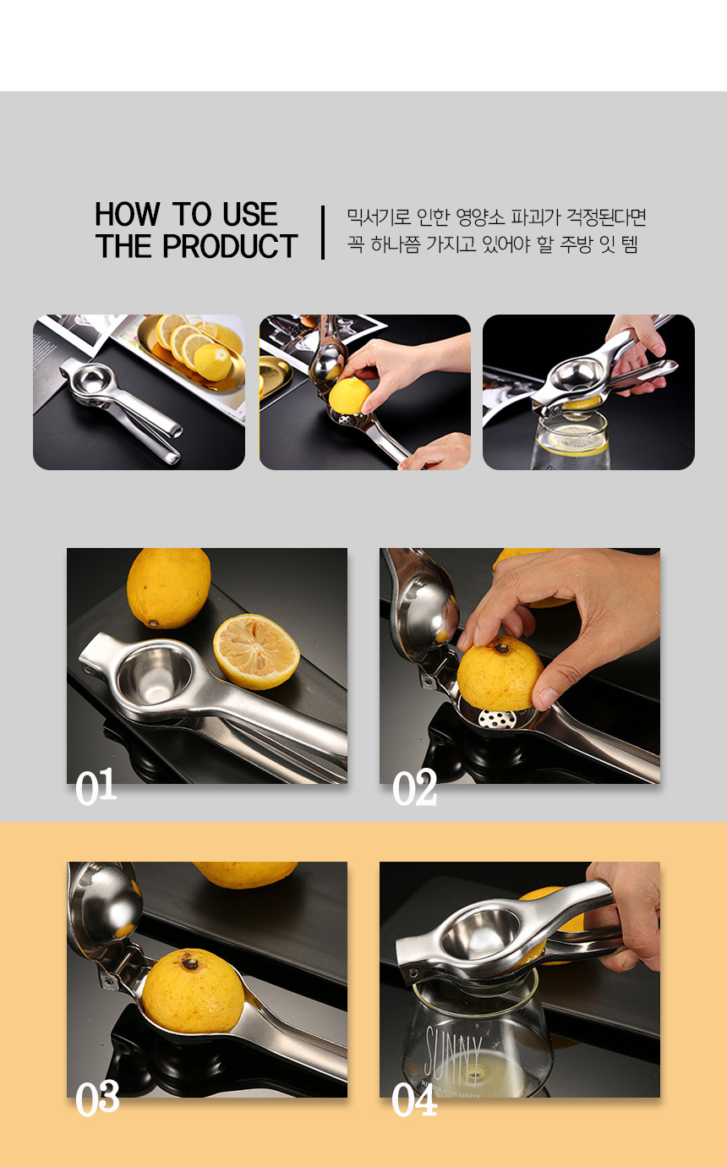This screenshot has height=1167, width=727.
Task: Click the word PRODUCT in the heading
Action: (230, 246)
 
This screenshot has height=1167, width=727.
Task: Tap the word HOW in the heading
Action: (127, 214)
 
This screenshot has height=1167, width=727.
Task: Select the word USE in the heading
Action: (250, 214)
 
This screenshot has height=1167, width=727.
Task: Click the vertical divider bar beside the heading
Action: (323, 233)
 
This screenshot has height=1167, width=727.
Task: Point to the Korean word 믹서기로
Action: (379, 217)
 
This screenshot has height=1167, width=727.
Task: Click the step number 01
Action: (96, 786)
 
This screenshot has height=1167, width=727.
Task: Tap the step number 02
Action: (414, 786)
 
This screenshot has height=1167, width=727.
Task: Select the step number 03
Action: (97, 1097)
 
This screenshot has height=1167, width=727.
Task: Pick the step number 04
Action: (414, 1099)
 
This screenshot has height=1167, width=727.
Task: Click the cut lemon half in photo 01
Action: (256, 651)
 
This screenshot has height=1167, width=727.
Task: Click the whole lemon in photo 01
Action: (168, 587)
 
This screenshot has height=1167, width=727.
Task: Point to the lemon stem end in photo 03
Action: (189, 963)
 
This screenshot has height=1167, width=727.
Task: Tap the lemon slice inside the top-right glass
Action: (577, 441)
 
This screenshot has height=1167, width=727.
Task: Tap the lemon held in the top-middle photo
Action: (349, 396)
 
